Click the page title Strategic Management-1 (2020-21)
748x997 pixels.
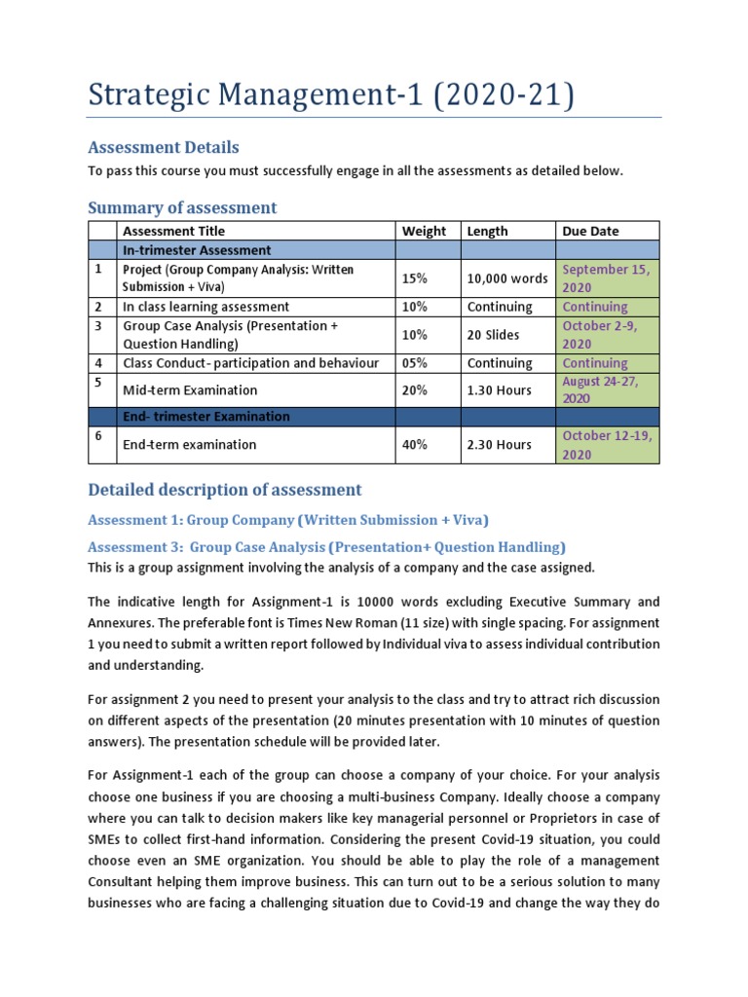click(x=331, y=96)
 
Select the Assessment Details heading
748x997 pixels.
click(x=163, y=147)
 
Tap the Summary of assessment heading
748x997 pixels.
click(x=182, y=207)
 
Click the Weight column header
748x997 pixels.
click(x=424, y=231)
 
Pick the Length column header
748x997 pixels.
click(x=487, y=231)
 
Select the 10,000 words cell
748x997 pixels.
click(x=506, y=277)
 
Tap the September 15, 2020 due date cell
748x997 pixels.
click(x=606, y=277)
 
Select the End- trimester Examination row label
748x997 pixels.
click(x=206, y=417)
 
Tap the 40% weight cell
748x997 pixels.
click(x=414, y=445)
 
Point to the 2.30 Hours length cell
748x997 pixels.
click(x=499, y=445)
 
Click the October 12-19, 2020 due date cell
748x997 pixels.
click(x=606, y=445)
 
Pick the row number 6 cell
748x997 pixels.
click(x=98, y=437)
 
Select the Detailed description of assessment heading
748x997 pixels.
click(x=224, y=490)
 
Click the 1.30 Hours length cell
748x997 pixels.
click(x=499, y=390)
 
